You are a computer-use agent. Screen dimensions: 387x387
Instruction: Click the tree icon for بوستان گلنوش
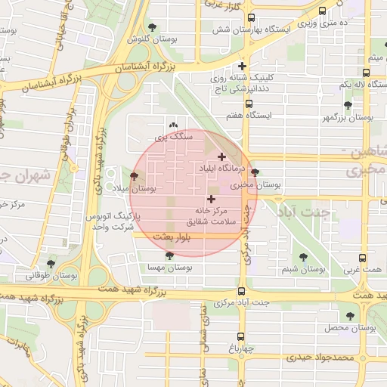coord(153,27)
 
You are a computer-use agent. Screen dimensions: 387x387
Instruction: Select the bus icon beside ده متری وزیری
coord(323,11)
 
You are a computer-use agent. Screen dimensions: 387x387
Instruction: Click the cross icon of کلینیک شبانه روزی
coord(242,66)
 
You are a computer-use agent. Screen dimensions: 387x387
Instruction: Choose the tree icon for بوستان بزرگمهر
coord(348,105)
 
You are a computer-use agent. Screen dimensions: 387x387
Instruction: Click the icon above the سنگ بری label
coord(175,125)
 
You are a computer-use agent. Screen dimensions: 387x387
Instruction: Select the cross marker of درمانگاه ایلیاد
coord(221,156)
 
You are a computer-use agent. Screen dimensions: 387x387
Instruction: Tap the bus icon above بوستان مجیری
coord(255,172)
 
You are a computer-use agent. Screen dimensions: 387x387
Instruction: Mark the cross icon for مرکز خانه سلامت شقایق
coord(210,199)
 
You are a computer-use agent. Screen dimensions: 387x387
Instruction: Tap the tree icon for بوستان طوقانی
coord(51,263)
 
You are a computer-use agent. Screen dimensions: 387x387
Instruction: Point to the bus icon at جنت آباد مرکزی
coord(241,291)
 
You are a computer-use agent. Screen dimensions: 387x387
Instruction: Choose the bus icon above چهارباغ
coord(241,336)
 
